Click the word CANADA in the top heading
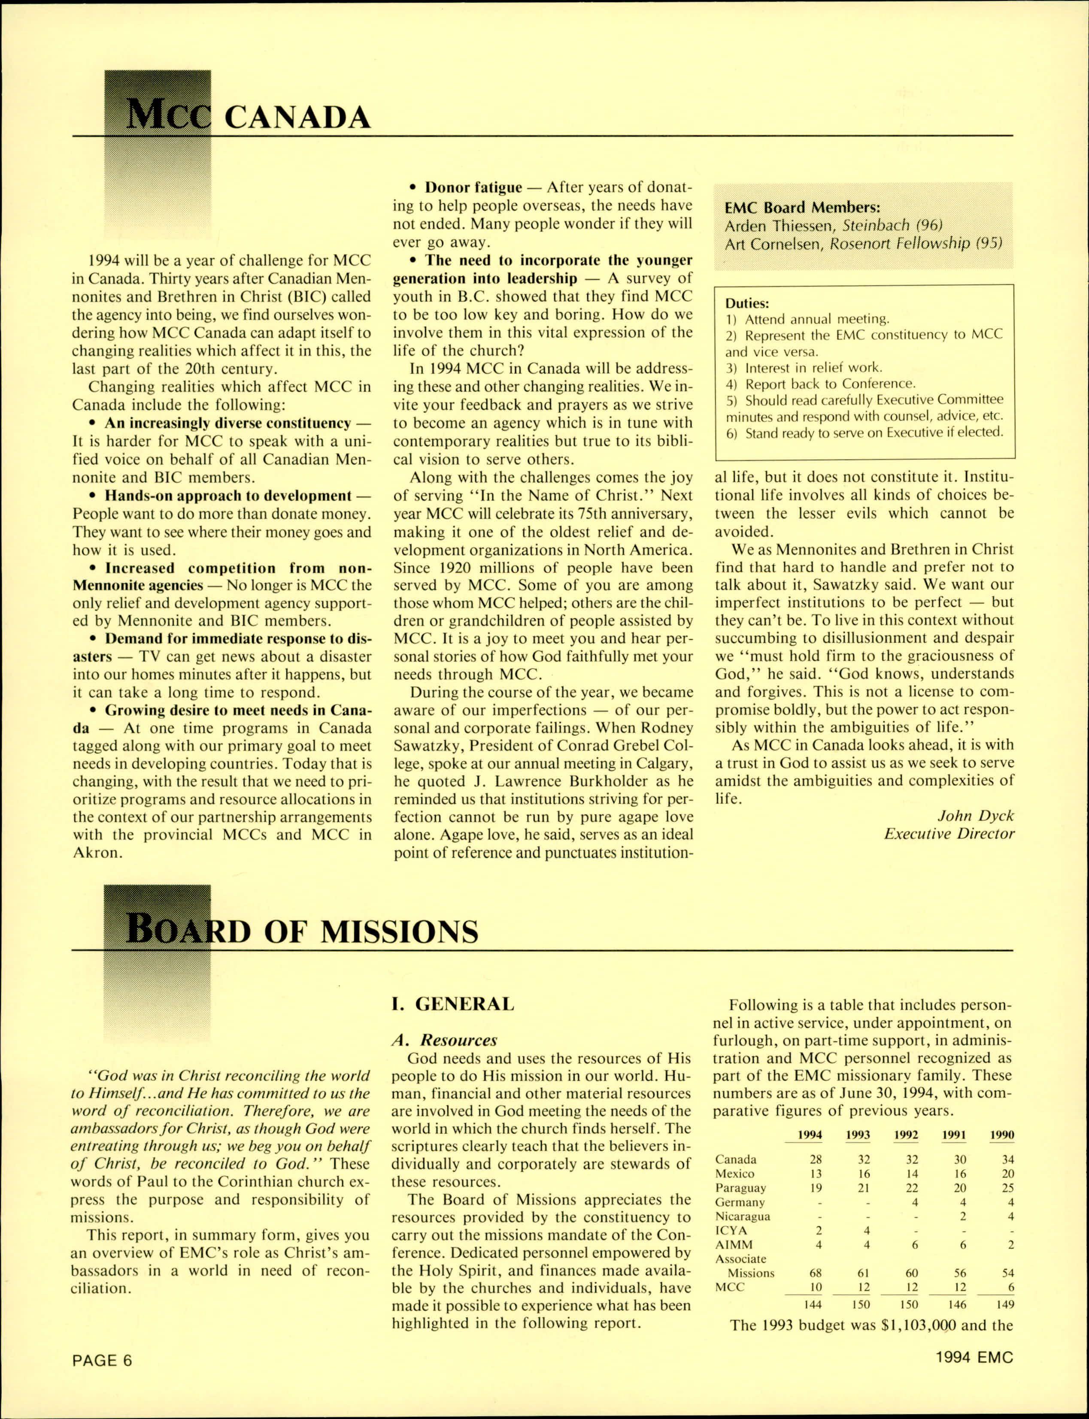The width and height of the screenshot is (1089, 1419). click(x=297, y=118)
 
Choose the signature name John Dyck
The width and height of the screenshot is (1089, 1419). click(x=976, y=816)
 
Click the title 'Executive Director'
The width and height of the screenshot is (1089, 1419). click(x=949, y=834)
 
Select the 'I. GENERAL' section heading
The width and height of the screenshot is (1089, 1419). click(x=452, y=1005)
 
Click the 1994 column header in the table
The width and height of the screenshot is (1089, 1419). click(x=810, y=1136)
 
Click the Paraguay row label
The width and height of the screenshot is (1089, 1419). click(x=740, y=1188)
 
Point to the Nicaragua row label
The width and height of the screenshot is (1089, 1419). click(x=743, y=1216)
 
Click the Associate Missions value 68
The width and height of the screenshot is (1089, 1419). click(x=816, y=1273)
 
